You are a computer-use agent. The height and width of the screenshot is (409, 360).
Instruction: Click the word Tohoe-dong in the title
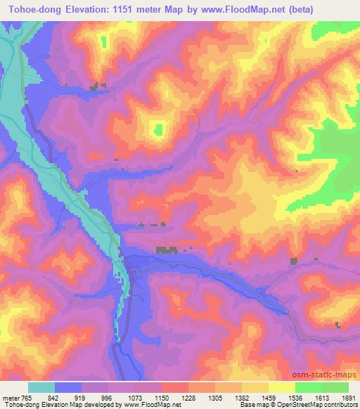pos(31,9)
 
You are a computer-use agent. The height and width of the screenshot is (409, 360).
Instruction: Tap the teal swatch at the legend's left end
pos(41,387)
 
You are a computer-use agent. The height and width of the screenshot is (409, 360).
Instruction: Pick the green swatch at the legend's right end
pos(335,387)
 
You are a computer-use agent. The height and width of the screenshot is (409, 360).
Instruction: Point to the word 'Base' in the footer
pos(247,405)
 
